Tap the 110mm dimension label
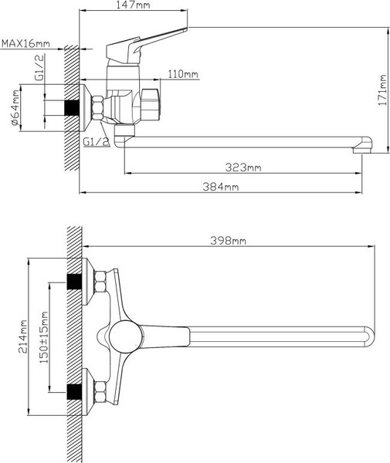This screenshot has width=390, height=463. tap(182, 74)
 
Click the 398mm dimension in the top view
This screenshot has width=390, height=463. tap(229, 241)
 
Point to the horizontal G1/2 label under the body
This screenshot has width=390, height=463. tap(95, 142)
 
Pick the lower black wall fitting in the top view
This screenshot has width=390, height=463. tap(74, 391)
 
